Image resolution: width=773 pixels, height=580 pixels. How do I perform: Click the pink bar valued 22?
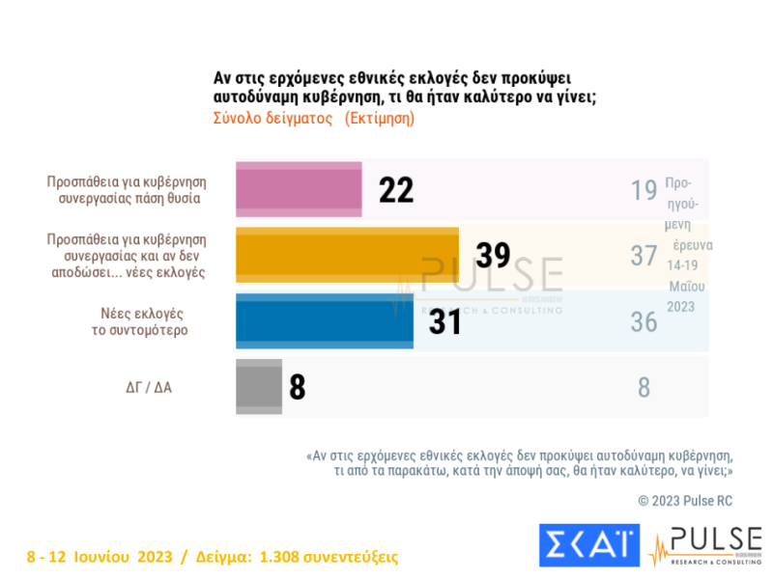[299, 189]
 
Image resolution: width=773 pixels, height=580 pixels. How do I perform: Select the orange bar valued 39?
[348, 256]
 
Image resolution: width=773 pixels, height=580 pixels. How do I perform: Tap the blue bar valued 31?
[325, 321]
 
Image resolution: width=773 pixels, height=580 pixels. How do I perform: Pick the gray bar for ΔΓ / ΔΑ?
[259, 387]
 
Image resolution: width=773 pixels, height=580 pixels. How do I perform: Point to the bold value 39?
[493, 256]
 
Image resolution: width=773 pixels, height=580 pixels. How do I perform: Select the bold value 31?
[444, 322]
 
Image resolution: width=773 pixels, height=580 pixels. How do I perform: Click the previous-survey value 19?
[644, 190]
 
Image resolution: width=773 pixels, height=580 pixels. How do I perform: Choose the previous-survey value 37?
[644, 256]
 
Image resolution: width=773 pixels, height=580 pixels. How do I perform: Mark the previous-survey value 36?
[644, 321]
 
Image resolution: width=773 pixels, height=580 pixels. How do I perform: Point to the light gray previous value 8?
[644, 388]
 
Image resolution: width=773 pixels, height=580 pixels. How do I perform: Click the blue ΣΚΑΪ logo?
[588, 545]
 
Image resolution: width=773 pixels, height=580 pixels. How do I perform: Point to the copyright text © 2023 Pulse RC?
[687, 501]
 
